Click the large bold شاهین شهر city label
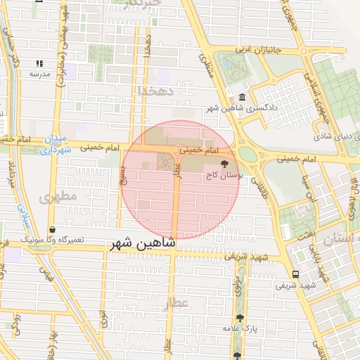point(142,245)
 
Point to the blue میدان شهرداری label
point(55,144)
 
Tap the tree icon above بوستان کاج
point(224,165)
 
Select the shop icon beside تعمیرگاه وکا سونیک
point(53,229)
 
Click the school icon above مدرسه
point(39,63)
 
